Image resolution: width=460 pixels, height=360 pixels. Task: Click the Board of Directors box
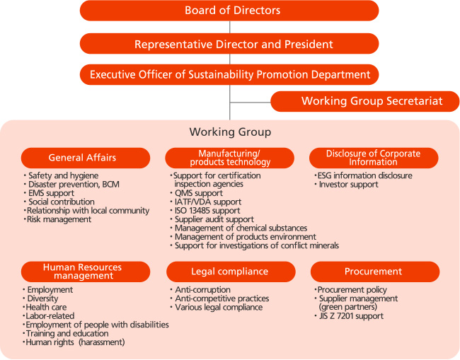point(229,11)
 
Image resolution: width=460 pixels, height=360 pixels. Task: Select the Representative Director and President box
point(229,44)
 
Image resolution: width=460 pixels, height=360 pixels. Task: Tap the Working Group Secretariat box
point(365,101)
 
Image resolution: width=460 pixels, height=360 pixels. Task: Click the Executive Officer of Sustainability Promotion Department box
point(229,74)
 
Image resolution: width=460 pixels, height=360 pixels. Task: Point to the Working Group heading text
point(230,132)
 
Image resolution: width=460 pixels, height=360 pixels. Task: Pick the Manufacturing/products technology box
point(230,158)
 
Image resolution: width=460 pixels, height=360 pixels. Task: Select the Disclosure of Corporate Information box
point(374,158)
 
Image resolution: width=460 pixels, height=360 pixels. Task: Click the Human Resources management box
point(86,272)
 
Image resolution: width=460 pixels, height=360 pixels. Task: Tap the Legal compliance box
point(231,272)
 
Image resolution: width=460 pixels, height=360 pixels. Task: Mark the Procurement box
point(375,272)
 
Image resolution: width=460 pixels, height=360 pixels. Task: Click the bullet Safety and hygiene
point(61,175)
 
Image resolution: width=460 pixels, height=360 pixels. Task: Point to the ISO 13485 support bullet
point(205,211)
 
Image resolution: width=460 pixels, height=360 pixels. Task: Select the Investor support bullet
point(346,185)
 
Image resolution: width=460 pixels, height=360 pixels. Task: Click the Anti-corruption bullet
point(200,290)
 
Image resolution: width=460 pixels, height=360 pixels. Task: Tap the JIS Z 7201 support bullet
point(349,316)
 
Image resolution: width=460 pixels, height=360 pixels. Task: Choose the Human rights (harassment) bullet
point(74,342)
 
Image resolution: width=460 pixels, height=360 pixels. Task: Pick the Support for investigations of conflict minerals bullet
point(254,245)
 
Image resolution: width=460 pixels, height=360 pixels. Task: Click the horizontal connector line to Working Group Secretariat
point(251,103)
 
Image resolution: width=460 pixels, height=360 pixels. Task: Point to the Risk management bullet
point(57,219)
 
